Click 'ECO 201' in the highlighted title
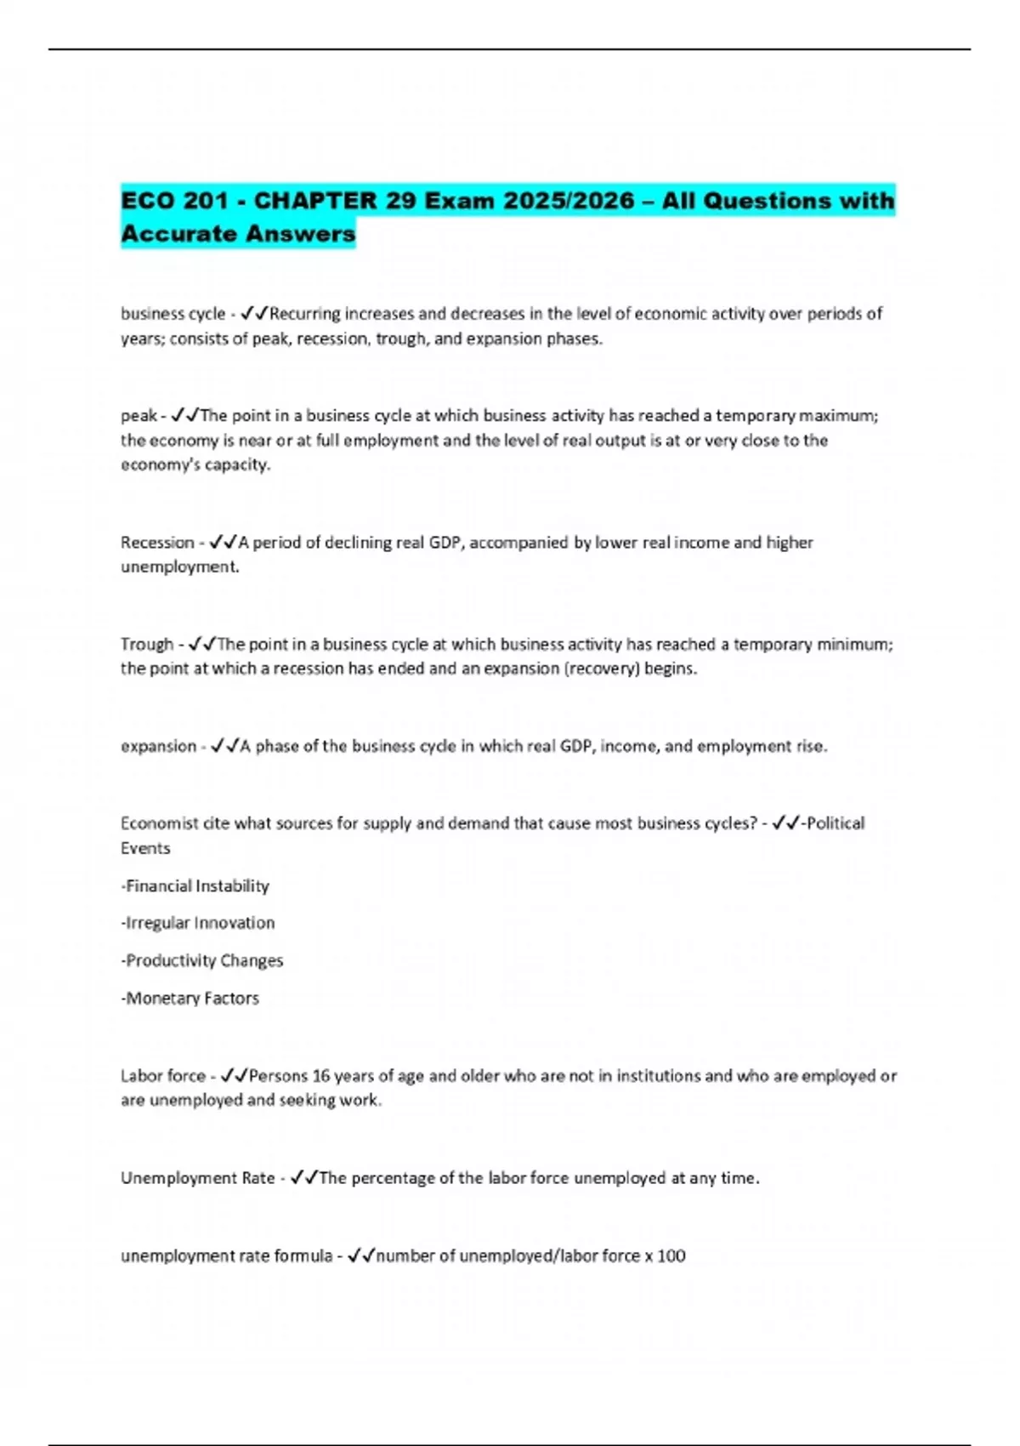pos(174,202)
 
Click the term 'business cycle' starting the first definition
pos(173,314)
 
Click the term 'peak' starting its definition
pos(139,416)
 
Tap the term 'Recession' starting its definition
pos(157,543)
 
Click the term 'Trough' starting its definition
pos(147,644)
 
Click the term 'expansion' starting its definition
pos(158,746)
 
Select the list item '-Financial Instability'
pos(195,886)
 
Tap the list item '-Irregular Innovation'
pos(198,923)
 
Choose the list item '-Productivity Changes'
pos(202,960)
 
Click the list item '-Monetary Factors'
pos(190,998)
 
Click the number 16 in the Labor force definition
pos(320,1076)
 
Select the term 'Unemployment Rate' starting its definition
pos(197,1178)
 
